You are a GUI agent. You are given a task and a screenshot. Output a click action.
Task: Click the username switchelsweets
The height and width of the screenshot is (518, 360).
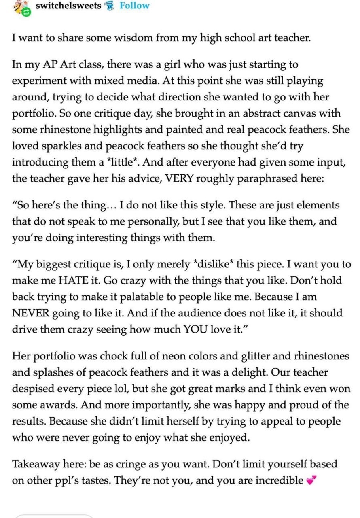coord(68,6)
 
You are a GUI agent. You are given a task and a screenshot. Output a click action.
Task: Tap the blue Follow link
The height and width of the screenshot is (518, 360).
coord(134,6)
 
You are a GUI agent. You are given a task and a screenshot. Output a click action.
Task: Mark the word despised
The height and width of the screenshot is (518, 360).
coord(34,388)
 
